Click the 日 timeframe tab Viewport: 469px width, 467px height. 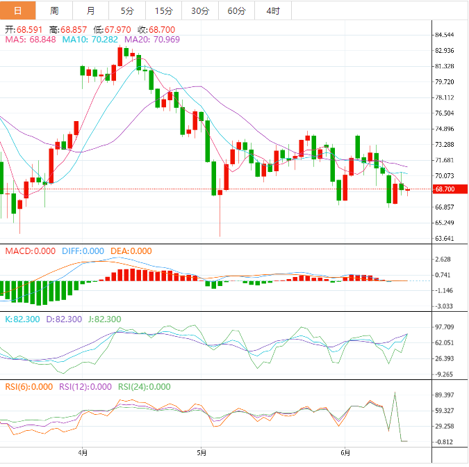click(x=18, y=10)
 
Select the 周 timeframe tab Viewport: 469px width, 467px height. click(x=54, y=10)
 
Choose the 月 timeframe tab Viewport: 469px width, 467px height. click(x=91, y=10)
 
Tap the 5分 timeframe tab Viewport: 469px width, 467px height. click(x=127, y=10)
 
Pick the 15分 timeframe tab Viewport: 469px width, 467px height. click(x=163, y=10)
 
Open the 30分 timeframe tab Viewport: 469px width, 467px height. click(x=199, y=10)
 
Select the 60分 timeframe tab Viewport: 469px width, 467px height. click(x=236, y=10)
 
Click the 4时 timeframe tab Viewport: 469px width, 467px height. click(x=272, y=10)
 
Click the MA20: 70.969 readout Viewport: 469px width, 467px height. click(x=151, y=40)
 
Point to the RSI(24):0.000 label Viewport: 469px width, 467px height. click(x=144, y=387)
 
